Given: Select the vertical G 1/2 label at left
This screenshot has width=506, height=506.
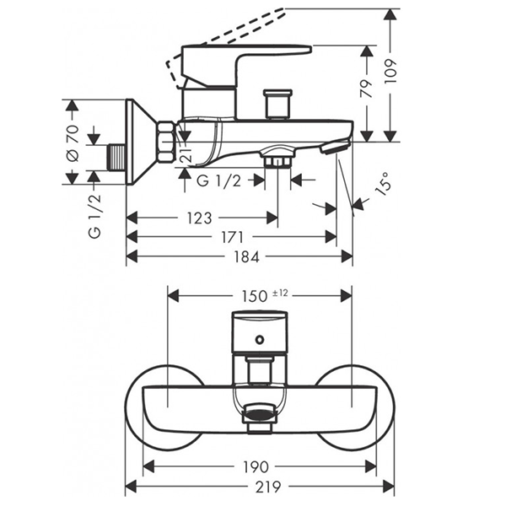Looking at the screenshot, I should [x=94, y=214].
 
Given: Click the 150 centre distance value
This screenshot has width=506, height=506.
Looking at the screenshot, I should [x=251, y=295].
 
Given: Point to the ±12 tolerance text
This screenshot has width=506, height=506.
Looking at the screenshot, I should [x=280, y=293].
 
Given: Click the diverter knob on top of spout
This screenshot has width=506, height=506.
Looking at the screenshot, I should [x=276, y=104].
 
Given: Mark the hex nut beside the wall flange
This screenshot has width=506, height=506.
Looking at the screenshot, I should [x=166, y=142].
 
